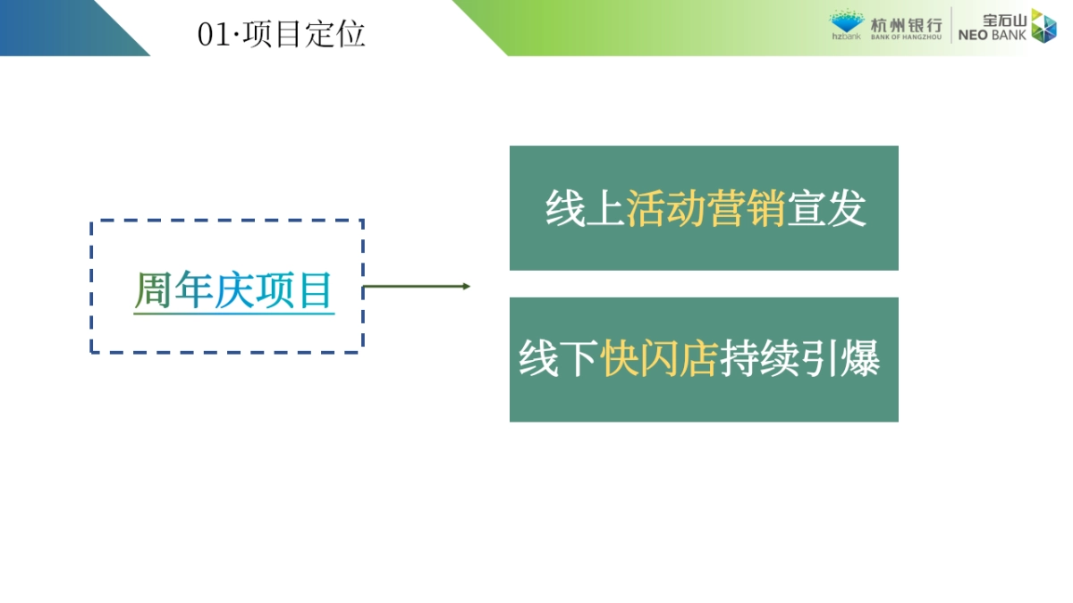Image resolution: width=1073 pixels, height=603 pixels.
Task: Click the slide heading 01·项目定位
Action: tap(281, 35)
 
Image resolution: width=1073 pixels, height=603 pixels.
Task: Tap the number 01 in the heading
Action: tap(214, 36)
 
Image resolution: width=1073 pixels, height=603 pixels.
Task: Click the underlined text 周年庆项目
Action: tap(233, 290)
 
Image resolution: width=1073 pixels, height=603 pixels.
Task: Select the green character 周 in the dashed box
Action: tap(153, 290)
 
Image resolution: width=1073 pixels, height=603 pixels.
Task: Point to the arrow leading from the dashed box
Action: tap(416, 287)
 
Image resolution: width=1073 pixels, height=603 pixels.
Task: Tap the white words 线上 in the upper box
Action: tap(585, 208)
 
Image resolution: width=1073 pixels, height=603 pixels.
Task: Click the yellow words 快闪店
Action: tap(659, 359)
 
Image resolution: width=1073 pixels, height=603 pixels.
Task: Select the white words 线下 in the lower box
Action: tap(558, 359)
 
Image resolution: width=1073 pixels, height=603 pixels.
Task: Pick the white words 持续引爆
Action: tap(799, 359)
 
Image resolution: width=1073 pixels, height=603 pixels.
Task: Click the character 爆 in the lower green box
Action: tap(860, 359)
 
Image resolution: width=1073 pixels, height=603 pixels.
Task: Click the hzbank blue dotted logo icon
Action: tap(846, 21)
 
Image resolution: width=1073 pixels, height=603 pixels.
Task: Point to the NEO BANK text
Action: tap(992, 36)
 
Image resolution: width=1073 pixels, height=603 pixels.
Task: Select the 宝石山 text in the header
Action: tap(1003, 19)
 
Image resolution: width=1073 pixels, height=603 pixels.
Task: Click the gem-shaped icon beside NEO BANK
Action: tap(1043, 26)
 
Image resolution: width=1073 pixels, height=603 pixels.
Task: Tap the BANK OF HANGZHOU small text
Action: tap(905, 38)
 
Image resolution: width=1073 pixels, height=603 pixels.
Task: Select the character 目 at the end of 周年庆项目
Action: tap(316, 290)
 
